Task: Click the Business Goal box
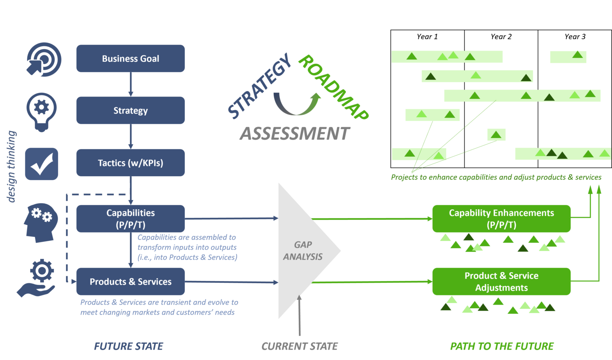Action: click(130, 59)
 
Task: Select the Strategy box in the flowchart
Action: click(130, 110)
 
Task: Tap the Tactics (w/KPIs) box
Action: click(130, 163)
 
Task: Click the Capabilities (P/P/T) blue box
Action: click(130, 218)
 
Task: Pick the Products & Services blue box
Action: click(130, 281)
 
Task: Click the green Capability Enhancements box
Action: click(501, 218)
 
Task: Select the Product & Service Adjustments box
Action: click(501, 281)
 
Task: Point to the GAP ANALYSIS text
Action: click(303, 251)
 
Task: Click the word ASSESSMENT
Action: click(295, 134)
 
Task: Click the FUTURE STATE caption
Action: click(128, 346)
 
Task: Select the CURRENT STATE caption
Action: click(300, 346)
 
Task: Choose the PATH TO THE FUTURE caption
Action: click(502, 346)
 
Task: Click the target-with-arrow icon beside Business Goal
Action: click(43, 59)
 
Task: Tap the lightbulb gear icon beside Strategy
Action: click(41, 111)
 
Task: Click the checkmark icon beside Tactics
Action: click(41, 163)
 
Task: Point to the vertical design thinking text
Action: click(12, 166)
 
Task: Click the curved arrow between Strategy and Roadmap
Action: click(297, 104)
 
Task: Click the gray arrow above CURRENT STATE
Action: click(300, 315)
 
